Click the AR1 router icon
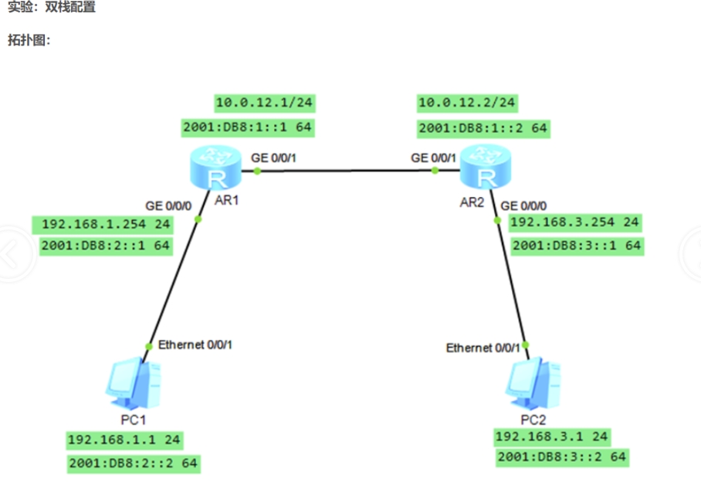(x=216, y=170)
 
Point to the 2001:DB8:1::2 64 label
(x=483, y=127)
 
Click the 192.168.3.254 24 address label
(x=575, y=223)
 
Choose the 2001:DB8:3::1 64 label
(x=577, y=246)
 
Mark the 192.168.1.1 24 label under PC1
(x=124, y=440)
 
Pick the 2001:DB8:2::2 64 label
(x=133, y=464)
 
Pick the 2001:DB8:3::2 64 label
(x=562, y=457)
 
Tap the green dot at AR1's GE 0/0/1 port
(x=257, y=170)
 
